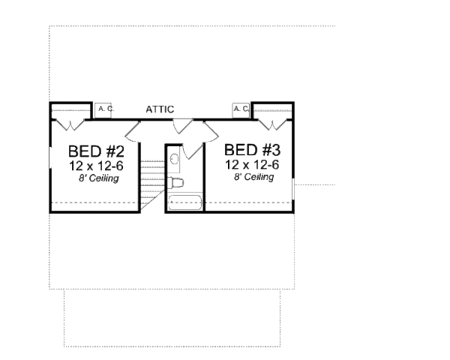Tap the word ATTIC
click(x=160, y=109)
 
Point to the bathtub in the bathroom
click(x=184, y=202)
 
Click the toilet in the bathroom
click(x=175, y=182)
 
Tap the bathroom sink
click(x=173, y=158)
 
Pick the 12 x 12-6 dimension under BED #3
click(x=251, y=165)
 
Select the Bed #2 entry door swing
click(x=133, y=133)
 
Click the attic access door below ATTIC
click(x=183, y=127)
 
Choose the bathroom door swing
click(x=192, y=149)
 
